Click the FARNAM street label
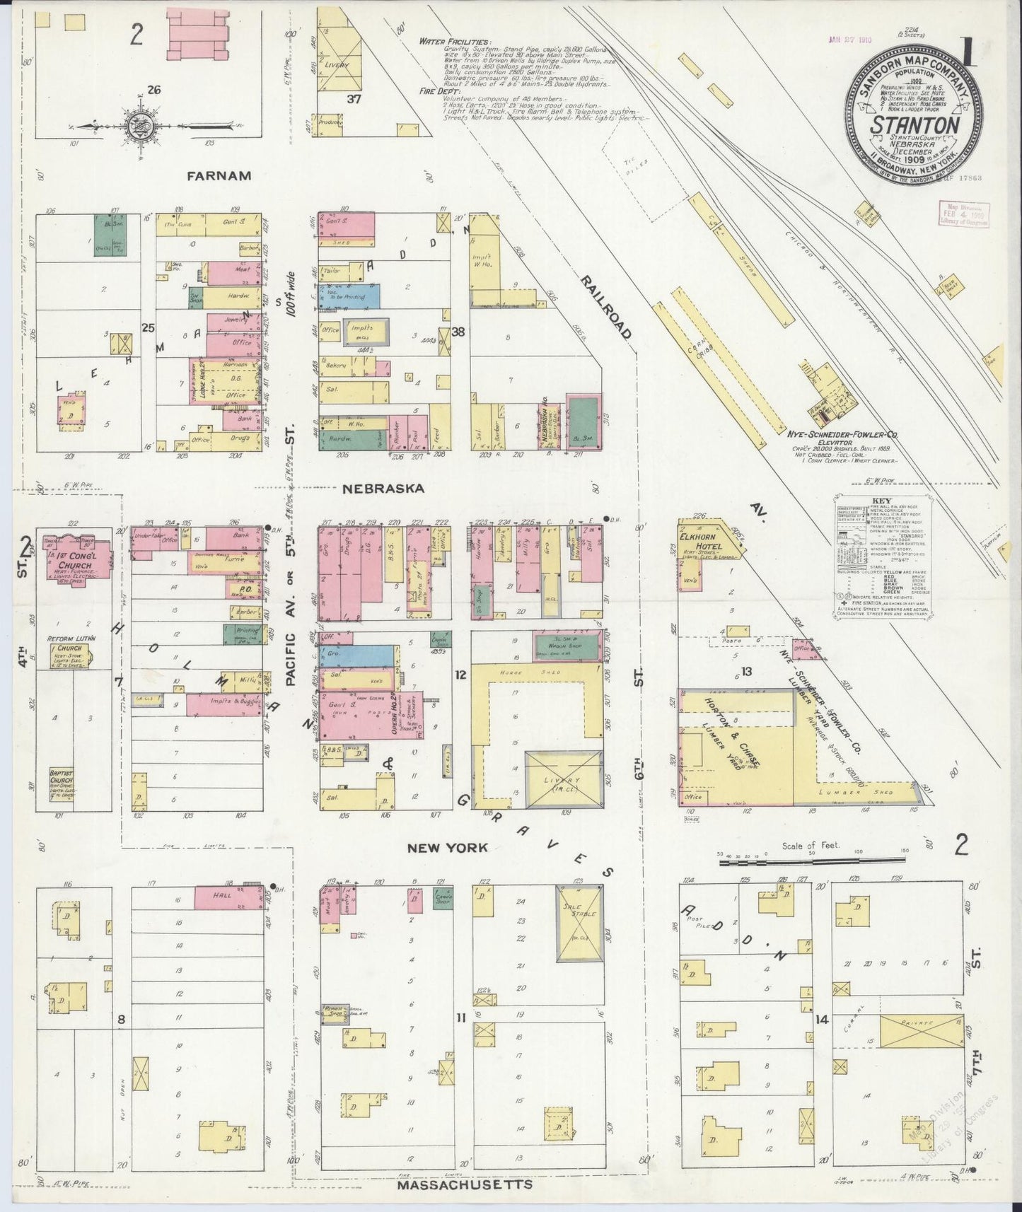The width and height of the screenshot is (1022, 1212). [x=219, y=175]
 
